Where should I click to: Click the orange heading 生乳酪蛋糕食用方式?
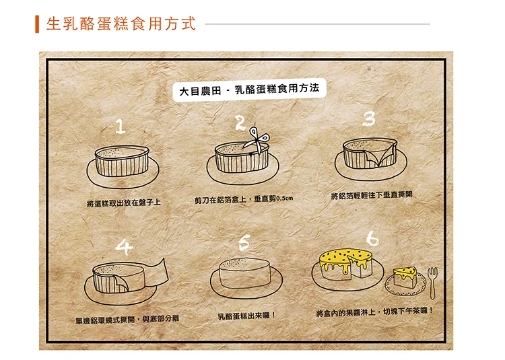point(121,24)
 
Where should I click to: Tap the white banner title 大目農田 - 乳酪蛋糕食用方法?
point(249,89)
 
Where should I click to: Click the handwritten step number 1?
point(120,127)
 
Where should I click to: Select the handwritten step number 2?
point(240,123)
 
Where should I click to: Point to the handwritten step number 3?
point(369,118)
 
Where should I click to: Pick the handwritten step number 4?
point(125,247)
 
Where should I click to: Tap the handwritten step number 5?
point(244,242)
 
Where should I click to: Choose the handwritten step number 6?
point(372,238)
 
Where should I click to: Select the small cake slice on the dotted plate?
point(405,277)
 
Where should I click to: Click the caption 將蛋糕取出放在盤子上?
point(123,203)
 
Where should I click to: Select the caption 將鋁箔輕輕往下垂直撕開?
point(372,195)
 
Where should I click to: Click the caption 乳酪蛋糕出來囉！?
point(246,316)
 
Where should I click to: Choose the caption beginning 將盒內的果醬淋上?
point(375,312)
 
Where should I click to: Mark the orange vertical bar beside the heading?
point(37,24)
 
